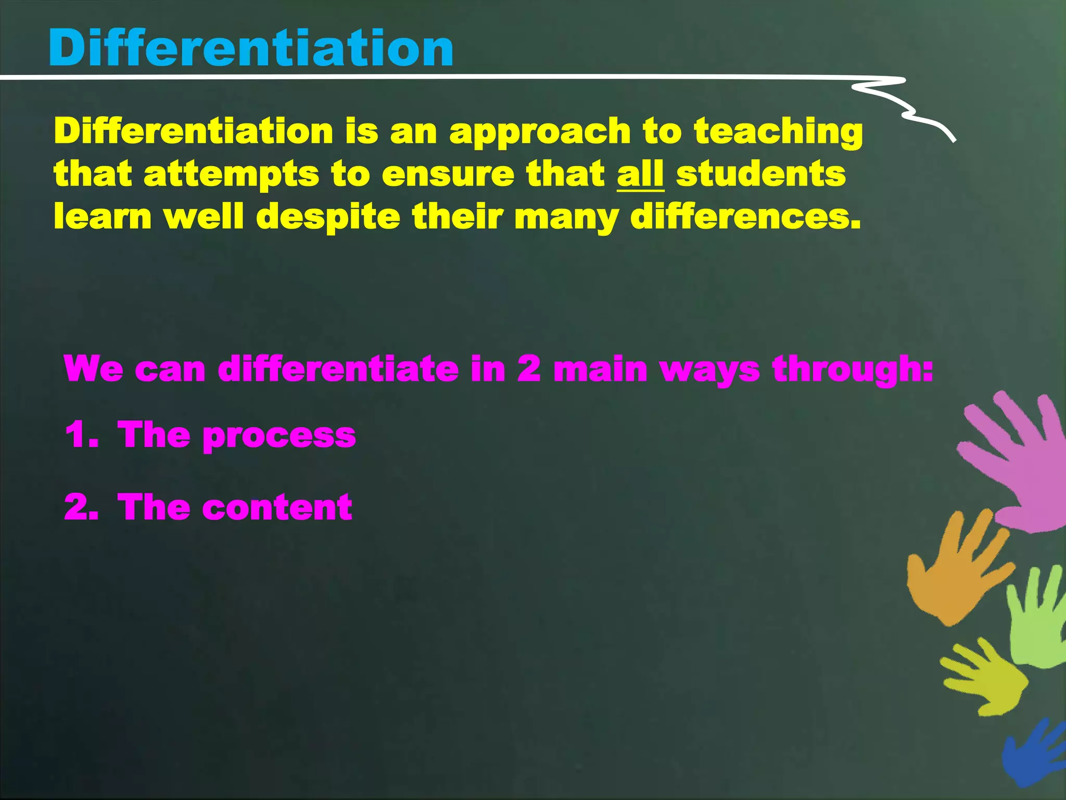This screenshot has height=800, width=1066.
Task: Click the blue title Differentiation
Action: coord(251,48)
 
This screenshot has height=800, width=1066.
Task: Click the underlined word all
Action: coord(640,174)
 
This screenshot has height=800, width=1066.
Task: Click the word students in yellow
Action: coord(760,174)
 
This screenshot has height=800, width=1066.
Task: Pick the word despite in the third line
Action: coord(328,218)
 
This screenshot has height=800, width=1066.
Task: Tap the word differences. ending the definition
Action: coord(745,217)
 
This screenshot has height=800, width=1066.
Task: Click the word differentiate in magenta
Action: coord(338,369)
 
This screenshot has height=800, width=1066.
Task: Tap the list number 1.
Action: coord(81,434)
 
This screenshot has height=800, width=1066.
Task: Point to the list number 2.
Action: coord(81,507)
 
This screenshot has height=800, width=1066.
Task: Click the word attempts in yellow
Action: coord(231,175)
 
